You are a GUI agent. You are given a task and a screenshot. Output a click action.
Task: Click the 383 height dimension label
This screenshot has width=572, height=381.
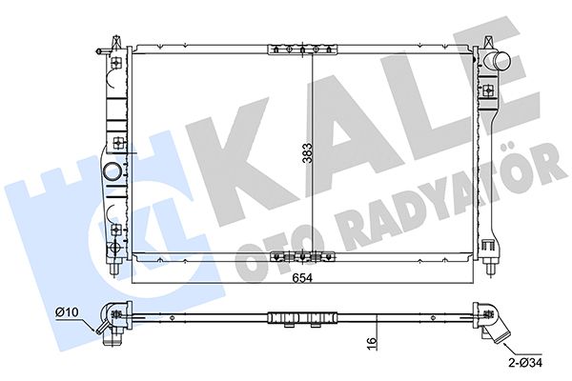point(309,153)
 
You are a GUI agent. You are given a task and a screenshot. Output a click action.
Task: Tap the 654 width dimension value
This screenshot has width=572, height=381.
point(302,278)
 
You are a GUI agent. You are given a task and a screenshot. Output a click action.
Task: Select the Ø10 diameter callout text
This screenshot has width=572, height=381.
point(67,312)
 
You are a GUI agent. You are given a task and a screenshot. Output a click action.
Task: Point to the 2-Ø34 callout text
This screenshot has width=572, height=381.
point(525,362)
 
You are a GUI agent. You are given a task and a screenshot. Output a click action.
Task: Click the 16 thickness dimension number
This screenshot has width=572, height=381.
point(371,343)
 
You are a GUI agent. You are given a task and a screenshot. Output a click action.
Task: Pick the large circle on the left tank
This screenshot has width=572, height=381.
point(112,171)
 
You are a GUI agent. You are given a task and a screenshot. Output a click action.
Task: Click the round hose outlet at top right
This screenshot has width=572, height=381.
point(498,61)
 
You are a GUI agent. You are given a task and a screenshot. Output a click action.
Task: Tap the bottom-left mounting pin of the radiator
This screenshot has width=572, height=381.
point(114,269)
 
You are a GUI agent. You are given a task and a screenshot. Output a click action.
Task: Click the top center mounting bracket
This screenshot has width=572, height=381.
point(302,50)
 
